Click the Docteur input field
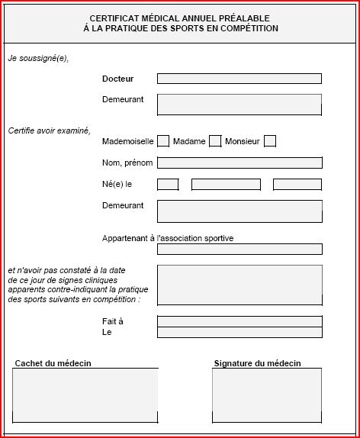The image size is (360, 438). (239, 79)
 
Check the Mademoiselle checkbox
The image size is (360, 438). (163, 141)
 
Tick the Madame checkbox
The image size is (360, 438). (215, 141)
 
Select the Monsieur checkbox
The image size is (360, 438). (270, 141)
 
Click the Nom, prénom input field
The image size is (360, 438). (239, 163)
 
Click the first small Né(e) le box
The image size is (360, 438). (168, 184)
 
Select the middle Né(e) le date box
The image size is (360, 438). (226, 184)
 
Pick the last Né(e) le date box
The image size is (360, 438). (297, 184)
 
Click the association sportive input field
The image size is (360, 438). (239, 249)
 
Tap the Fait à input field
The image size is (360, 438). (239, 321)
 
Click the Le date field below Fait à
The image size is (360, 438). (239, 333)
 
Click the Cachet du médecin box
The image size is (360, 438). (85, 395)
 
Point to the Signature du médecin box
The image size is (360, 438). (267, 395)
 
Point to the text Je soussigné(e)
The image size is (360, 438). (38, 58)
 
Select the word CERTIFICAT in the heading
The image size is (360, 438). (116, 18)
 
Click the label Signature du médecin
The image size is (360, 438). (257, 363)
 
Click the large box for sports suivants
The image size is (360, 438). (239, 285)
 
